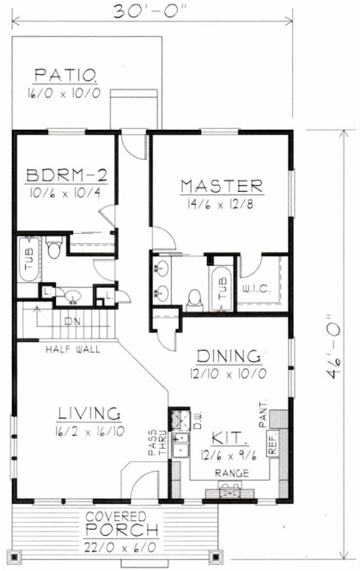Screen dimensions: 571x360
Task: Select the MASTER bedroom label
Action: [x=221, y=186]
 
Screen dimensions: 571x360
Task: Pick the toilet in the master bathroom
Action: [x=194, y=298]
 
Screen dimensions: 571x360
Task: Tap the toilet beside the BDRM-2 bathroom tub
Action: [x=53, y=250]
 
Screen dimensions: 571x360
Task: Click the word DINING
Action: [x=229, y=355]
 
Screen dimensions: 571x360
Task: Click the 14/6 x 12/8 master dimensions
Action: [x=221, y=204]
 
